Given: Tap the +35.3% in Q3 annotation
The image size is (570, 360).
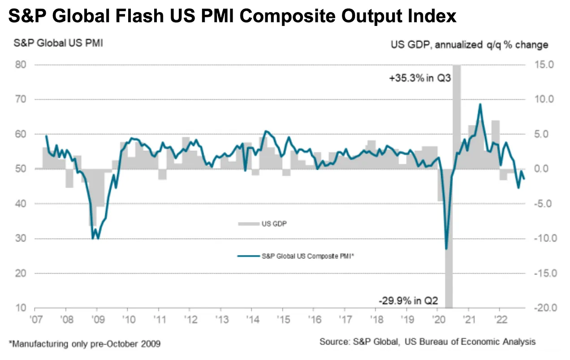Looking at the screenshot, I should (419, 79).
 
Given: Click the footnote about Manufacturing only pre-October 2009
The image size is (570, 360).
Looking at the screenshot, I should (85, 344).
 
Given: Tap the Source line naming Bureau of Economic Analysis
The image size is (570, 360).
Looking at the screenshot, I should (427, 342).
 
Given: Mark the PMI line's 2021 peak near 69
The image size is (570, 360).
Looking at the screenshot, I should (480, 104).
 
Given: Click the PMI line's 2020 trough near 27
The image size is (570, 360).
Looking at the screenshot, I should (446, 249).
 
